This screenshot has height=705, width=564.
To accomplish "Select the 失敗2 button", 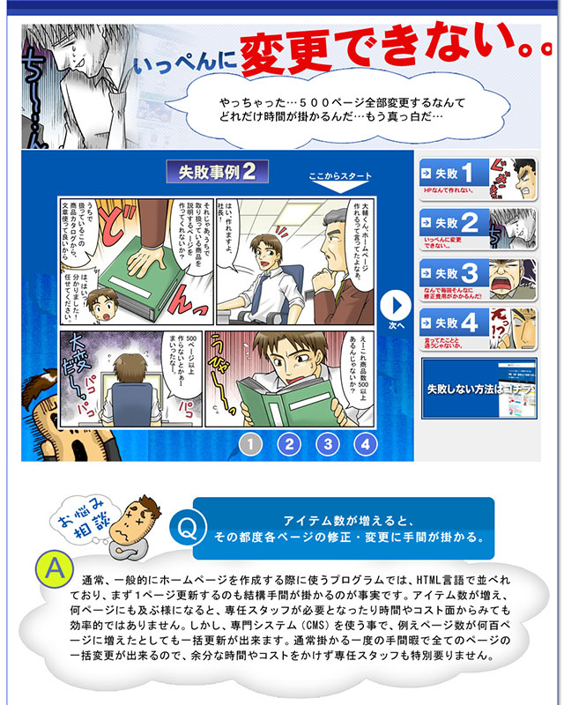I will (x=476, y=229).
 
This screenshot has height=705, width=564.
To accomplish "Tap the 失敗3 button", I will (x=476, y=279).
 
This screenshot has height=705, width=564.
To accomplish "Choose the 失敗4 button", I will (x=476, y=329).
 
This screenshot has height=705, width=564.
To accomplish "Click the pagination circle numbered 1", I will (x=250, y=443).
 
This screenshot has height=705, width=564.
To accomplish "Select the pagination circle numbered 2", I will (x=288, y=443).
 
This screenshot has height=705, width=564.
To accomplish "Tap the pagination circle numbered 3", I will (x=327, y=443).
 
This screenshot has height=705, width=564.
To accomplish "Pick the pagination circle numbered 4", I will (x=365, y=443).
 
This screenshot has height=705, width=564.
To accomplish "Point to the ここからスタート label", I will (x=334, y=177).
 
